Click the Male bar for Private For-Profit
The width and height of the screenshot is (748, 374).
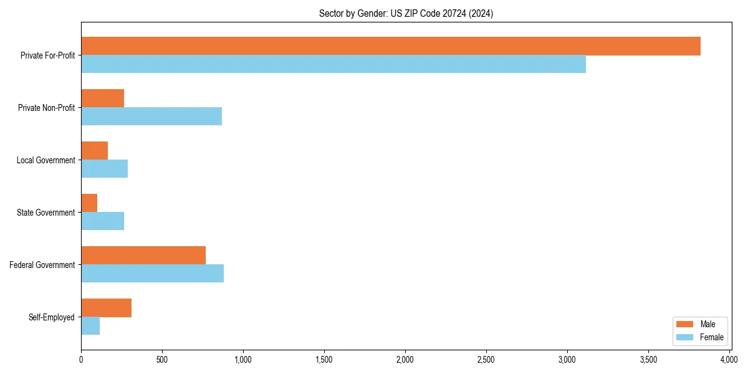click(x=391, y=46)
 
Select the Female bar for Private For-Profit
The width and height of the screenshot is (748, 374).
click(x=333, y=64)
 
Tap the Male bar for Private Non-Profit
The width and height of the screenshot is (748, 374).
click(x=103, y=98)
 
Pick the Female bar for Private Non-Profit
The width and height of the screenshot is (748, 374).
click(x=151, y=117)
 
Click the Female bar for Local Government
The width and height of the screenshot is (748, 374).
click(x=105, y=169)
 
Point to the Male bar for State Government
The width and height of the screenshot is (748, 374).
click(x=89, y=203)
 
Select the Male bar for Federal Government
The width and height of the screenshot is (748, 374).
click(x=143, y=256)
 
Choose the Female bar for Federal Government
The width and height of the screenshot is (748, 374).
click(x=153, y=274)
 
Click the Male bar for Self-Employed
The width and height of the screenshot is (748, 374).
click(x=107, y=308)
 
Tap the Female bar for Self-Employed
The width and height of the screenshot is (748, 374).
click(x=90, y=326)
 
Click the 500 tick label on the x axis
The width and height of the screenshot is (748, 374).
click(x=162, y=360)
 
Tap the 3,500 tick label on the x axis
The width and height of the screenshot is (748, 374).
click(x=648, y=360)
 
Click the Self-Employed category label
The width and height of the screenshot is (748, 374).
click(x=52, y=317)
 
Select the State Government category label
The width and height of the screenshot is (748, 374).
click(x=46, y=213)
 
